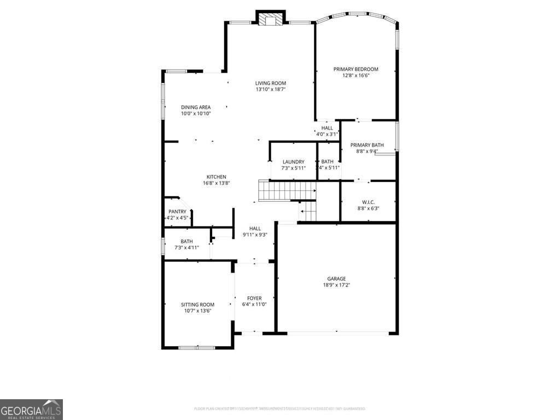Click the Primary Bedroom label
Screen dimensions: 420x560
[x=355, y=69]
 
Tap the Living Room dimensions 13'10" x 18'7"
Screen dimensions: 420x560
[x=271, y=89]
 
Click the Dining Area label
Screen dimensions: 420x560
[x=196, y=107]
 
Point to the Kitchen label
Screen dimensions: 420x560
[x=216, y=177]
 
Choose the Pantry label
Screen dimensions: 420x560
[x=177, y=212]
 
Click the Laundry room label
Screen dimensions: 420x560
[x=293, y=162]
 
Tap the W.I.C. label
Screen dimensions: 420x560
[x=367, y=202]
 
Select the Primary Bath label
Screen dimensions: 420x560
[x=367, y=145]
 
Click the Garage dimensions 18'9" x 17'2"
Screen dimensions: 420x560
[x=336, y=285]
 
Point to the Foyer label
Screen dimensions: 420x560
[x=254, y=298]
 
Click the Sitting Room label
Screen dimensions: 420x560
[x=197, y=305]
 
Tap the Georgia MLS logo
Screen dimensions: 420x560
[x=31, y=409]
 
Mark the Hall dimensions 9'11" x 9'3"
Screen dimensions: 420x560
[x=255, y=235]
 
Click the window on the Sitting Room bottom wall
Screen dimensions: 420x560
[x=197, y=347]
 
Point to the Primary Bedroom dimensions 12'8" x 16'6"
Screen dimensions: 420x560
[x=356, y=75]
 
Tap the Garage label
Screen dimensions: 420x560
[x=336, y=278]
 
